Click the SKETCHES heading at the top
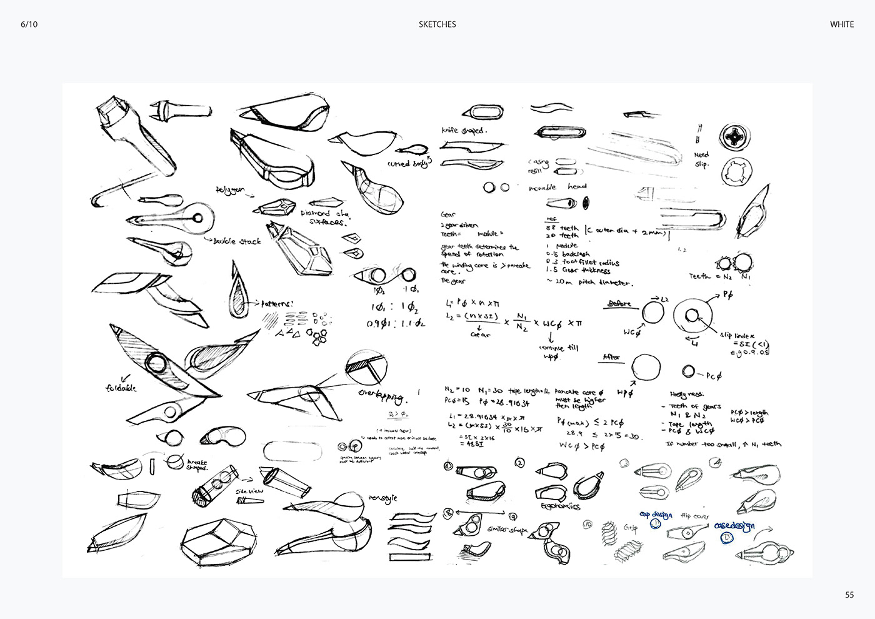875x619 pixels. (x=437, y=24)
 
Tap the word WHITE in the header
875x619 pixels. (x=841, y=24)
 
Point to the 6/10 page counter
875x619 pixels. (x=28, y=24)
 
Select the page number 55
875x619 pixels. (x=849, y=595)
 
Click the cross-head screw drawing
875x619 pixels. (x=732, y=137)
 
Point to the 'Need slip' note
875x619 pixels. (x=702, y=159)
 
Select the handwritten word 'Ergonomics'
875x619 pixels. (x=560, y=506)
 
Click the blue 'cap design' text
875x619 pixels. (x=656, y=515)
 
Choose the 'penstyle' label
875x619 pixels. (x=382, y=498)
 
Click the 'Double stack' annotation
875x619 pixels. (x=237, y=241)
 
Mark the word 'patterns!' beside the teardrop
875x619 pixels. (x=272, y=303)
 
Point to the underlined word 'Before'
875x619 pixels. (x=620, y=304)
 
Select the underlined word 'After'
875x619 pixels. (x=611, y=358)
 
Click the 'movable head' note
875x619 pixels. (x=557, y=187)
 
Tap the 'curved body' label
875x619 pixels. (x=409, y=163)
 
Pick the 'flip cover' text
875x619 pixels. (x=694, y=516)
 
